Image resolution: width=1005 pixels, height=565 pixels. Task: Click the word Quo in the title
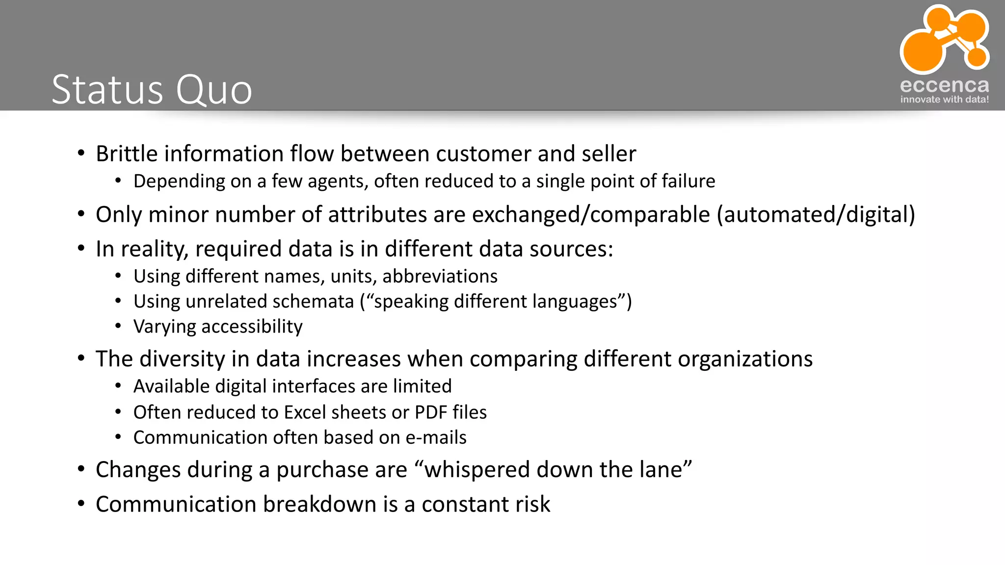pos(214,90)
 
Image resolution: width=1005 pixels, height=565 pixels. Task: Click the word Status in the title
pos(107,90)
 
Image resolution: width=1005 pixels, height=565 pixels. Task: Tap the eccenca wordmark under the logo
pos(944,85)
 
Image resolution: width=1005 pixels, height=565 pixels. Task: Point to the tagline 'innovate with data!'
pos(944,100)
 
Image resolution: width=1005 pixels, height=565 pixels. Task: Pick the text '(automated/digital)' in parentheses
pos(816,215)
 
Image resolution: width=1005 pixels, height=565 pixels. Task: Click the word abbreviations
pos(440,277)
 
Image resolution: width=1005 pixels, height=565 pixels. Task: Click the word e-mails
pos(436,437)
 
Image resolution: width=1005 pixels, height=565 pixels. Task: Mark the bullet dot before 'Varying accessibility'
pos(118,326)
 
